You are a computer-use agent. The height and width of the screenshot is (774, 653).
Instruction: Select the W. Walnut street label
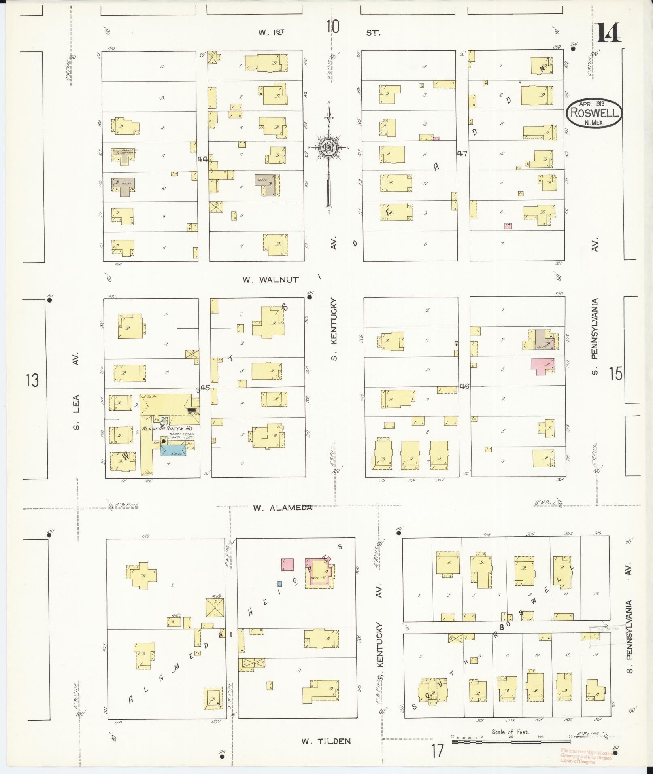(x=271, y=280)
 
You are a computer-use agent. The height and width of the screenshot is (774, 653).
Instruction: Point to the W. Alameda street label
(x=283, y=507)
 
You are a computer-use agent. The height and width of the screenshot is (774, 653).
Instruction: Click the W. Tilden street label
(x=325, y=741)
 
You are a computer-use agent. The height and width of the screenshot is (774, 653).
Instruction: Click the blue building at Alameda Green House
(x=173, y=450)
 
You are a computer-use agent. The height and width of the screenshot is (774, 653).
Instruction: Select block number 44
(x=203, y=159)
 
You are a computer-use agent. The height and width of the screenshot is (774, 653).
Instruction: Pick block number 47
(x=462, y=153)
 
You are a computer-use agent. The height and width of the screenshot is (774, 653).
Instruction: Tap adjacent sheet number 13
(x=32, y=381)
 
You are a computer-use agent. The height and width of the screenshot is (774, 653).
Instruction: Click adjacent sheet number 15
(x=615, y=373)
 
